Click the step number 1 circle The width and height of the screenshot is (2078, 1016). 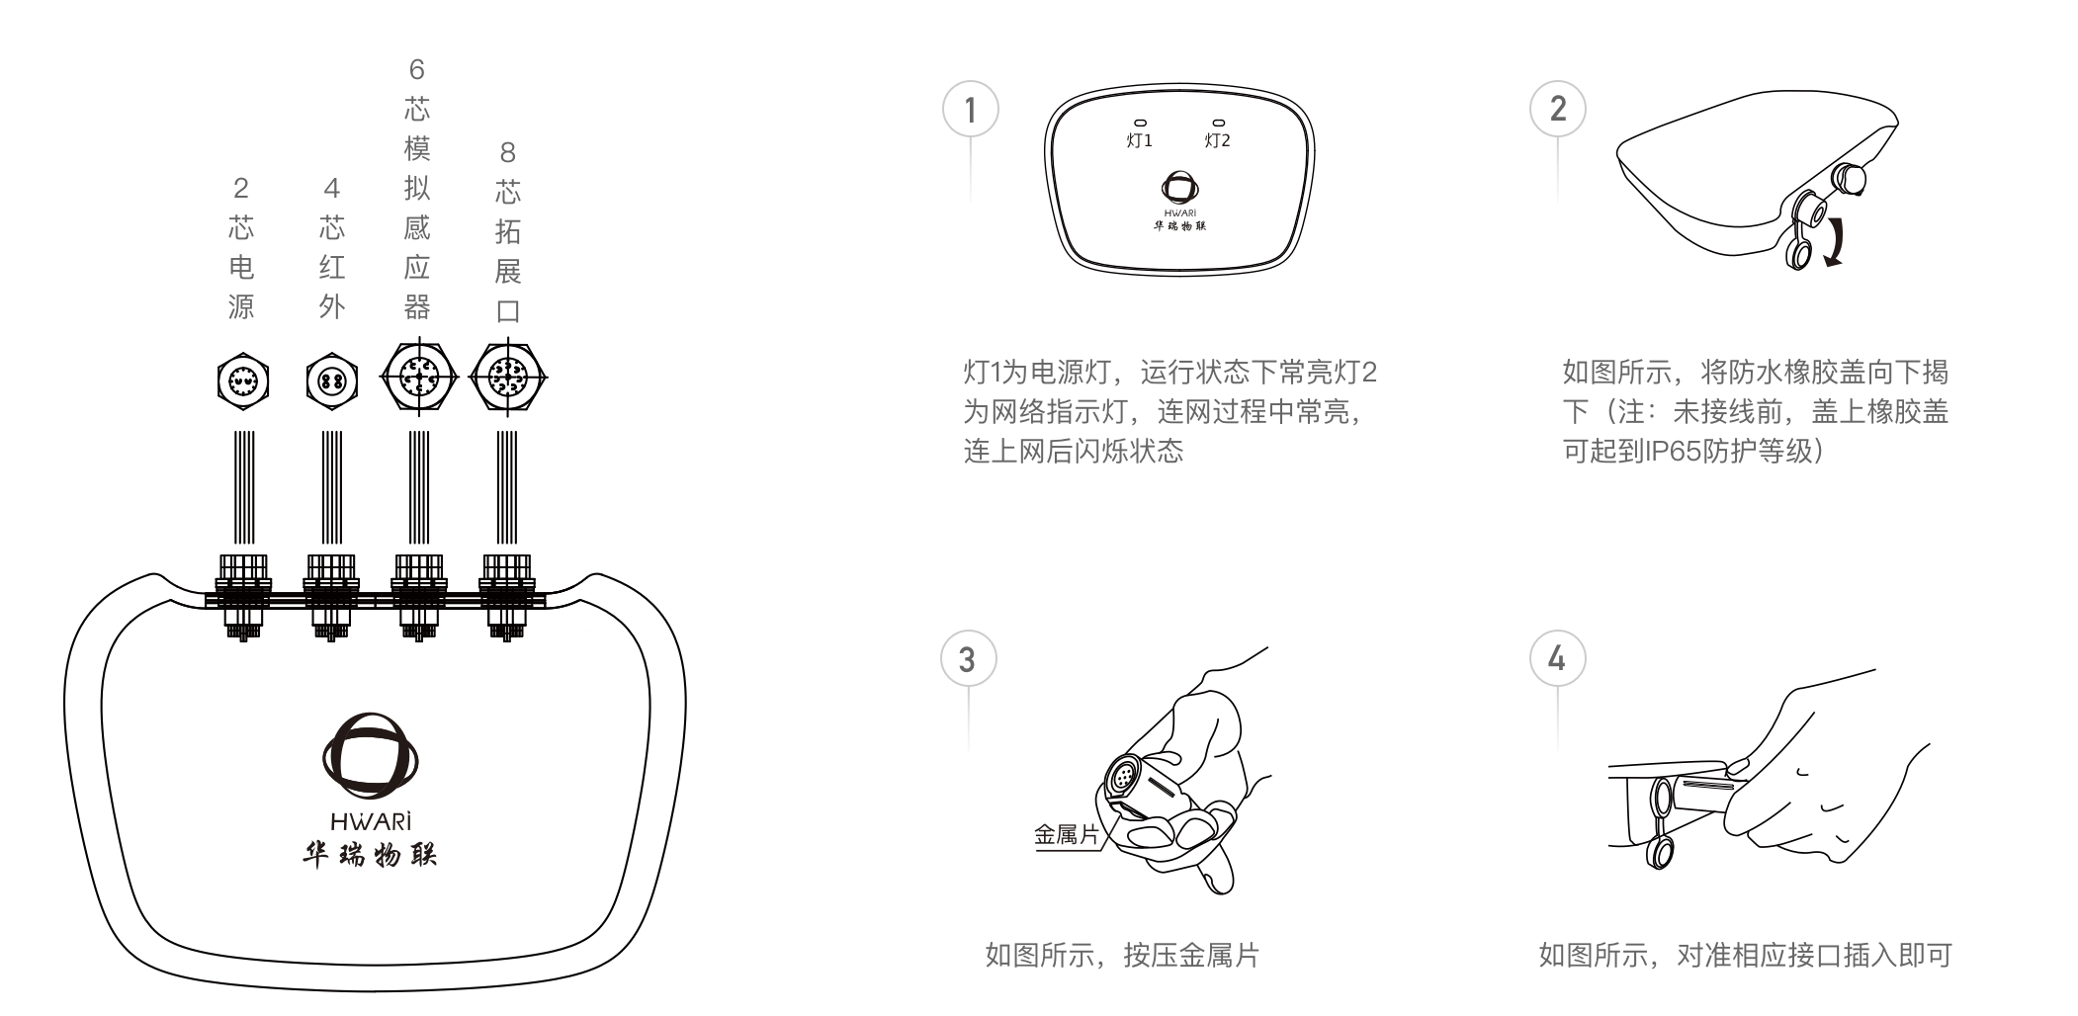tap(970, 110)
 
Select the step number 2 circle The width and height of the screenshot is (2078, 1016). tap(1557, 109)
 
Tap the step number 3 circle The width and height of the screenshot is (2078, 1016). tap(968, 659)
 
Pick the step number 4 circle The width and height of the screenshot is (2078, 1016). tap(1557, 659)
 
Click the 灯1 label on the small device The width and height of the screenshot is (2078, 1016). tap(1139, 140)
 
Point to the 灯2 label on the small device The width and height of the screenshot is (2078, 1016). tap(1217, 140)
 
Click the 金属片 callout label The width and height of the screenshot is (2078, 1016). tap(1066, 835)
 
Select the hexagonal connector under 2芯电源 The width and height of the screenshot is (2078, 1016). tap(242, 381)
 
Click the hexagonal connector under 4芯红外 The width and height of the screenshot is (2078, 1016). tap(331, 381)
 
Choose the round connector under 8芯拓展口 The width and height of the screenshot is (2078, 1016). tap(507, 377)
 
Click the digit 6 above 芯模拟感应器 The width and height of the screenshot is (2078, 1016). tap(416, 69)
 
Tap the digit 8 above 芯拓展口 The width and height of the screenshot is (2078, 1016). tap(507, 152)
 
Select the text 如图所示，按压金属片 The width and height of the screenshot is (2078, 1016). tap(1122, 956)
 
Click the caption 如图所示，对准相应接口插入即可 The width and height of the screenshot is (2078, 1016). tap(1745, 956)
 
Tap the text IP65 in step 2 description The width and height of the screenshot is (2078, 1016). tap(1672, 452)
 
